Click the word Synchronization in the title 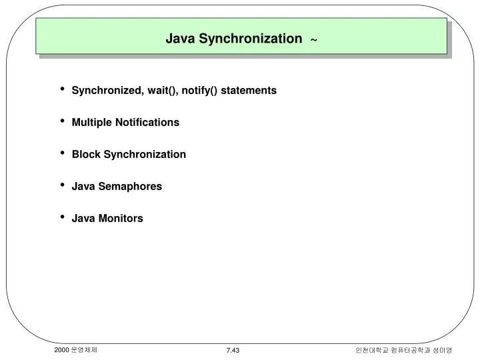[256, 39]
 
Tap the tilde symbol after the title [313, 40]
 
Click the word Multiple [92, 122]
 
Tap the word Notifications [147, 122]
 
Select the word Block [85, 154]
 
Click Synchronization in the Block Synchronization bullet [144, 154]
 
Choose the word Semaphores [130, 186]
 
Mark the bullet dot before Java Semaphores [62, 185]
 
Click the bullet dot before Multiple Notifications [62, 121]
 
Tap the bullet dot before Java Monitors [62, 217]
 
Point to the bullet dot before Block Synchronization [62, 153]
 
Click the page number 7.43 [233, 350]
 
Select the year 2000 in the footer [62, 349]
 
